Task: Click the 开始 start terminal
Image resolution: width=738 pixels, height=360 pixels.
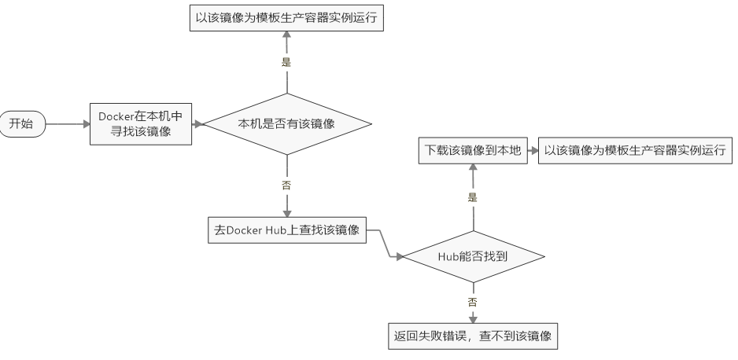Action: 22,123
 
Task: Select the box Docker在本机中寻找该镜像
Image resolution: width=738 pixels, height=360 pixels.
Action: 142,123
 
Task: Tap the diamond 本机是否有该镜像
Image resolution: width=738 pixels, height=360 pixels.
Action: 286,123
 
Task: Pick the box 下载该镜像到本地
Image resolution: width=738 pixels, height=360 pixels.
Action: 473,151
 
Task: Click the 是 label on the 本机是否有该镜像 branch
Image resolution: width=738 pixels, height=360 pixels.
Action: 286,61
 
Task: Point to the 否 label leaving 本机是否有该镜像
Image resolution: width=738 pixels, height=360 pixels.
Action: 286,186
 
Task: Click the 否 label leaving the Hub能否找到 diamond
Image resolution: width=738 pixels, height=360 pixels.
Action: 473,302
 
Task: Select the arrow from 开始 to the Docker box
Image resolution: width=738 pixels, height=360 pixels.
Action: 67,123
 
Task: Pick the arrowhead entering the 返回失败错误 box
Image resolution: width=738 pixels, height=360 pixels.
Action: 473,319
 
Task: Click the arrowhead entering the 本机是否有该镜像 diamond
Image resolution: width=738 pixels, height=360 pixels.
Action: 199,123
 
